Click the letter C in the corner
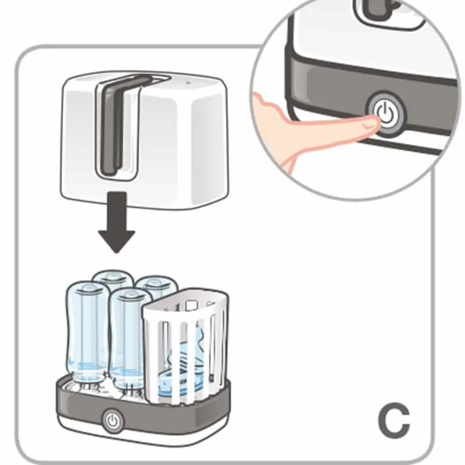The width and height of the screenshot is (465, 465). [394, 421]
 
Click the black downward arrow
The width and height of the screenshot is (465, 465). [116, 224]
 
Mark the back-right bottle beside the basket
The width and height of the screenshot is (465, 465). [156, 285]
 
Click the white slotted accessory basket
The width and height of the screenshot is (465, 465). [186, 349]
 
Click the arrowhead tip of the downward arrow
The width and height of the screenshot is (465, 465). [116, 250]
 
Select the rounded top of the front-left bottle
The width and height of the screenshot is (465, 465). [85, 288]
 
